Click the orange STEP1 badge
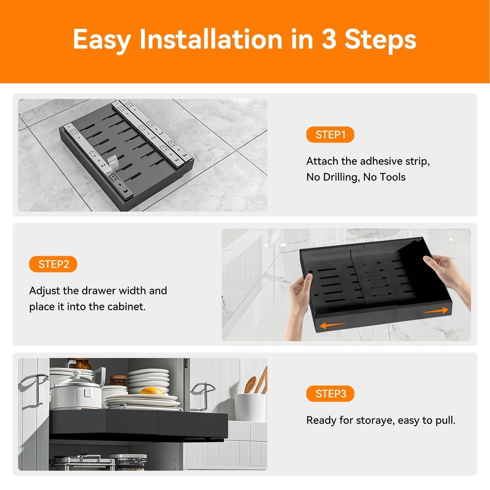330,135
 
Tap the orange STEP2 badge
53,264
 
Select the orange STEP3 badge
330,393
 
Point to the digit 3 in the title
329,39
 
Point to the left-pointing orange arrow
332,325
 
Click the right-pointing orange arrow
436,311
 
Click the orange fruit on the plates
152,391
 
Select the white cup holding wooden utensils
250,408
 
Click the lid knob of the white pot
76,374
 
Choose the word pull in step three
445,421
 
